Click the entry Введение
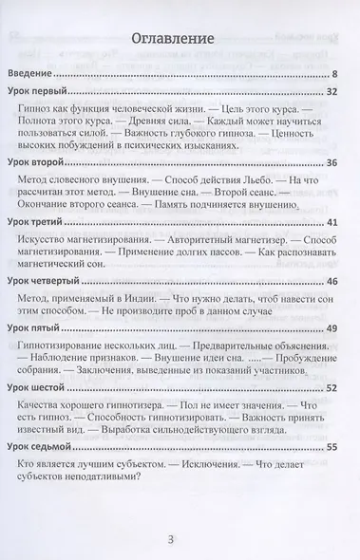tap(40, 72)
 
